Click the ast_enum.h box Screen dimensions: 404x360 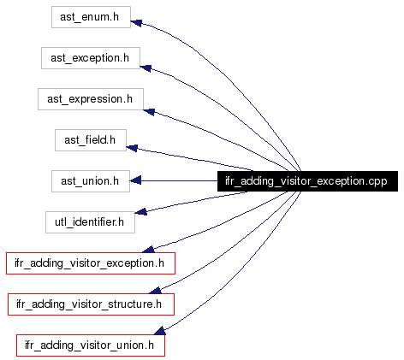[91, 17]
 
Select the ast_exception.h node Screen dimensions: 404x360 [91, 58]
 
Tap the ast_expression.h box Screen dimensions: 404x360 [91, 99]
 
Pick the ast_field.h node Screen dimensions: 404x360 [91, 140]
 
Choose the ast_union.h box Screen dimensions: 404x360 [91, 181]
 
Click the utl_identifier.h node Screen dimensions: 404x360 [90, 222]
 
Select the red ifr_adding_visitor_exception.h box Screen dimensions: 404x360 [91, 263]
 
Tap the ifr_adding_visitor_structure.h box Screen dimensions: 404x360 [91, 304]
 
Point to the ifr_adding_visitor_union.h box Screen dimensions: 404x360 [91, 345]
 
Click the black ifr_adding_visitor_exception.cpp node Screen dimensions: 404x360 [307, 181]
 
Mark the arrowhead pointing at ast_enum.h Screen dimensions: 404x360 [136, 23]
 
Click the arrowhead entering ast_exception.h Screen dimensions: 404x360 [146, 68]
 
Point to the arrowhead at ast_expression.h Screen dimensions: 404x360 [149, 112]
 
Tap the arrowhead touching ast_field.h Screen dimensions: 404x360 [132, 148]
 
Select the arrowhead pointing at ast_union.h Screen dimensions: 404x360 [135, 180]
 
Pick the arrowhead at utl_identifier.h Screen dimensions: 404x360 [140, 211]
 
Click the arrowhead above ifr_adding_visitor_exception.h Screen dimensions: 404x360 [148, 249]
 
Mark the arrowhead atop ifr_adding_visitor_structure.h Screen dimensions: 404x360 [156, 290]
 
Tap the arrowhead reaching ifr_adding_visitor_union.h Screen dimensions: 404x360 [160, 331]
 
